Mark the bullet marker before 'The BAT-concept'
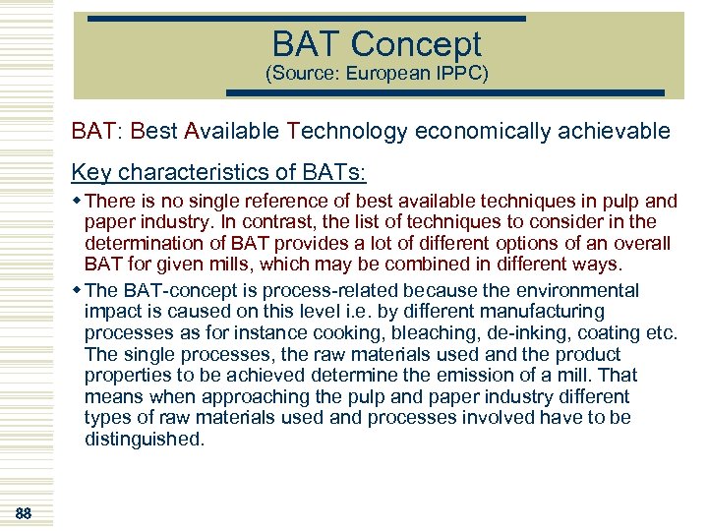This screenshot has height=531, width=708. [78, 290]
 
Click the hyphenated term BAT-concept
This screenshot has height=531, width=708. [171, 290]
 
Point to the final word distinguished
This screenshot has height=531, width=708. [145, 440]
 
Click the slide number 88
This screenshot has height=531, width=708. [25, 513]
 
